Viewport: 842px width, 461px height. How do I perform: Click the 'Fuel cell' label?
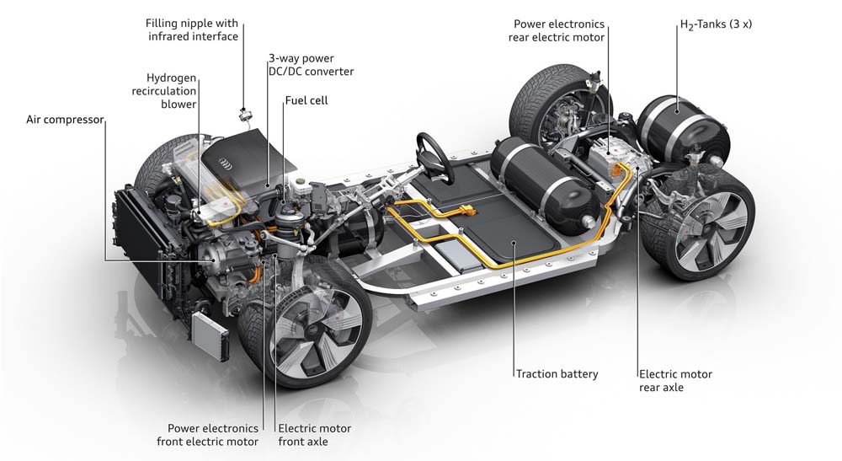tap(306, 100)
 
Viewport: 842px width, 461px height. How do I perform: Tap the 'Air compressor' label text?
tap(64, 120)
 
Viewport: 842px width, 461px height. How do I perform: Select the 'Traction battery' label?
tap(557, 373)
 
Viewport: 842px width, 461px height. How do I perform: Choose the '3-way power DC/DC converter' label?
tap(311, 66)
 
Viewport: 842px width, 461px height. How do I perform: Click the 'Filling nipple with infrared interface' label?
tap(191, 29)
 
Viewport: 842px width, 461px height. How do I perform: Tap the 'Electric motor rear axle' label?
tap(675, 380)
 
